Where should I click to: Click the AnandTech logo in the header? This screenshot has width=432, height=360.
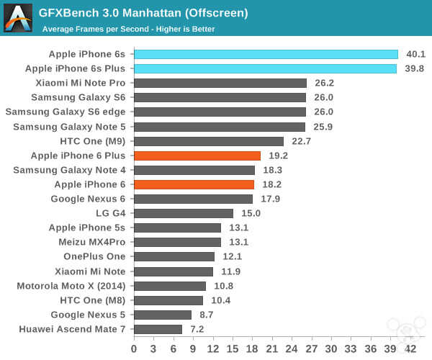[18, 18]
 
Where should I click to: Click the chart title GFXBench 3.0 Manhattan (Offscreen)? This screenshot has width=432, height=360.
[143, 12]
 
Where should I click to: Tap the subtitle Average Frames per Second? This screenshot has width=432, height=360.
[128, 29]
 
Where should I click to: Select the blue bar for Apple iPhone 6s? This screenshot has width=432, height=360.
[266, 54]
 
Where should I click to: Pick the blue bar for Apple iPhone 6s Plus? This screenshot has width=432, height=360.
[265, 68]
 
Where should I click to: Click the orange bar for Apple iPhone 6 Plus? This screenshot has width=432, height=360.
[197, 156]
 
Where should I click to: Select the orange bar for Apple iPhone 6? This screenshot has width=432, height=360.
[194, 184]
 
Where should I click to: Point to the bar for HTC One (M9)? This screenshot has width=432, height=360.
[209, 141]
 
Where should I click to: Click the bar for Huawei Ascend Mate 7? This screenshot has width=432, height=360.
[158, 329]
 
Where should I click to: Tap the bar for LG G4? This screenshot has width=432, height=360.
[184, 213]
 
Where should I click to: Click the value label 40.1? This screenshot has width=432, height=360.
[416, 54]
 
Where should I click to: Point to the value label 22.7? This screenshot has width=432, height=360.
[301, 141]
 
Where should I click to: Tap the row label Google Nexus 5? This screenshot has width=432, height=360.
[88, 315]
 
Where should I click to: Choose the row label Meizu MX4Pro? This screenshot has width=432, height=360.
[91, 242]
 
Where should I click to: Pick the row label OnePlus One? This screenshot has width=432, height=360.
[94, 256]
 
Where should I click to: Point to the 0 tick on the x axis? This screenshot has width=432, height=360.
[134, 348]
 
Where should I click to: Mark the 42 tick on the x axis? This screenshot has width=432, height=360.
[410, 348]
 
